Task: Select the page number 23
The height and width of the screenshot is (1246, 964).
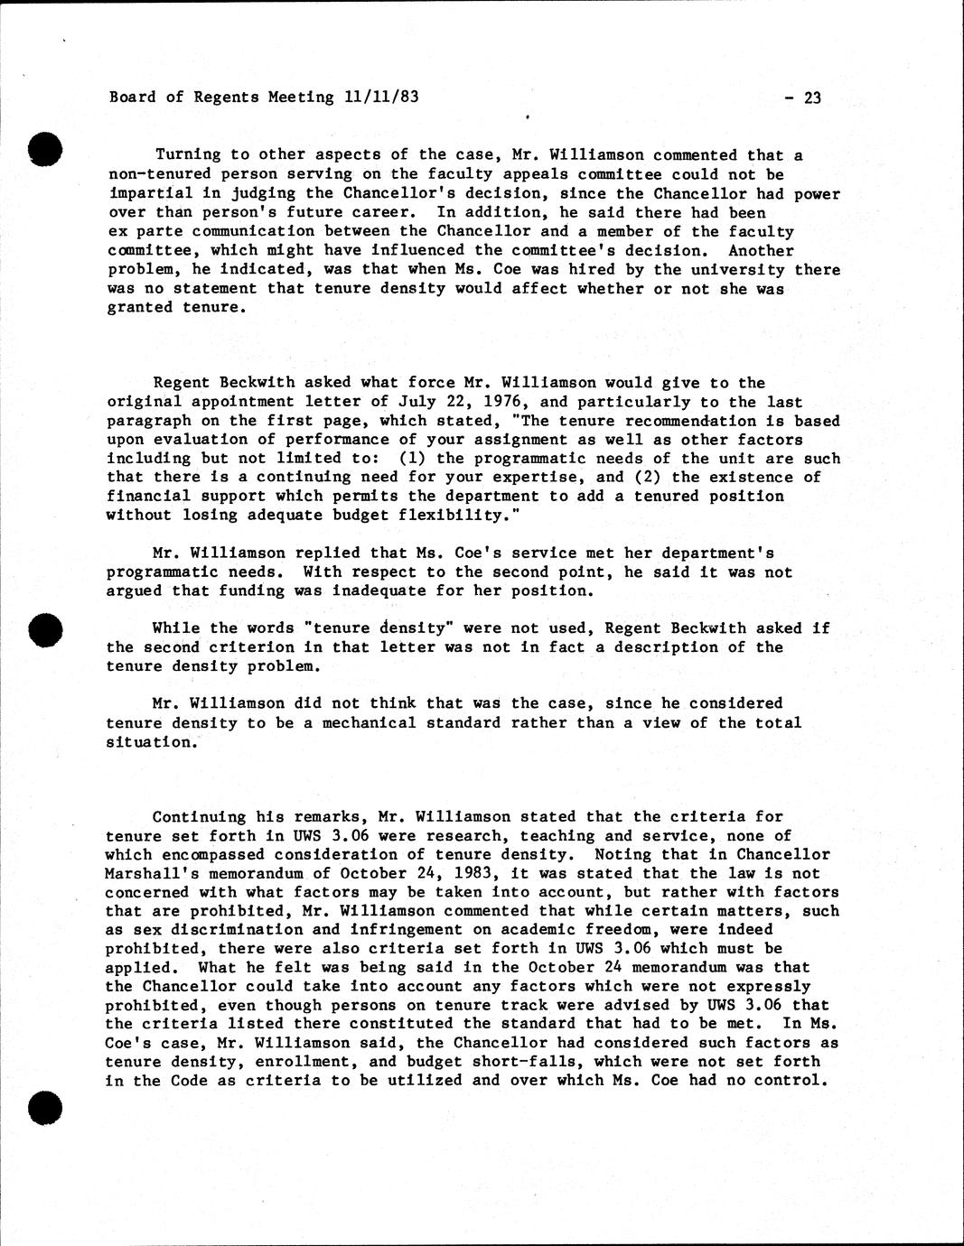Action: coord(811,98)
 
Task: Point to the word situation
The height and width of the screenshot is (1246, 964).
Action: coord(150,741)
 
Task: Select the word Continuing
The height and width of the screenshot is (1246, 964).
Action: coord(199,816)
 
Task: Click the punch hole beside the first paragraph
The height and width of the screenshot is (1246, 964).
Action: coord(44,148)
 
